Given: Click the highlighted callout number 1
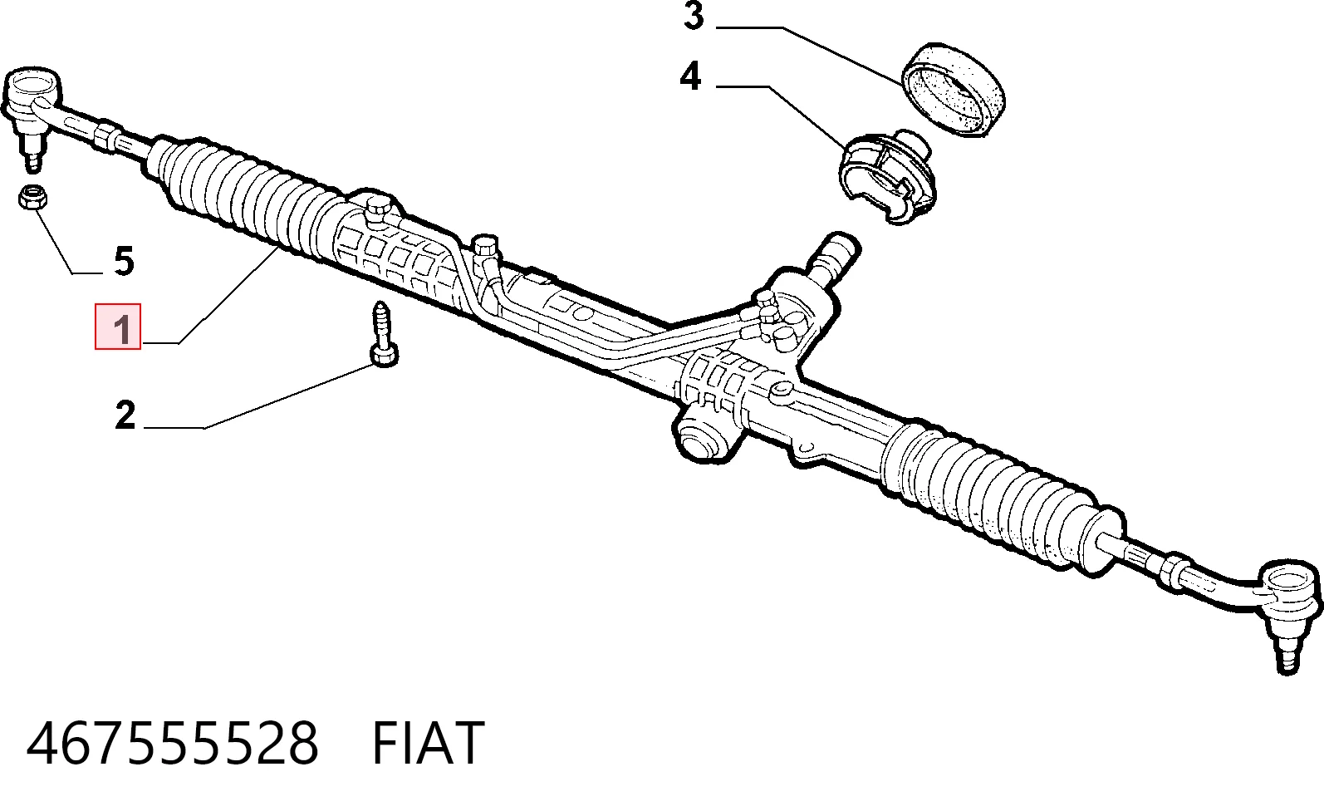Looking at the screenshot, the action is click(x=121, y=329).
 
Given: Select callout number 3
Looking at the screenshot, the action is click(x=694, y=16).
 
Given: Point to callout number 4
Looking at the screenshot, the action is click(x=690, y=76).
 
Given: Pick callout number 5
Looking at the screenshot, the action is click(x=124, y=261).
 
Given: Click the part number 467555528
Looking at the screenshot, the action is click(x=173, y=744).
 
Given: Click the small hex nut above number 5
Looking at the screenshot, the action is click(x=32, y=198).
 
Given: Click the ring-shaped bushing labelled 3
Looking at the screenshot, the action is click(x=952, y=90).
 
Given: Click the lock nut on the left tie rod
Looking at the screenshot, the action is click(x=106, y=138).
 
